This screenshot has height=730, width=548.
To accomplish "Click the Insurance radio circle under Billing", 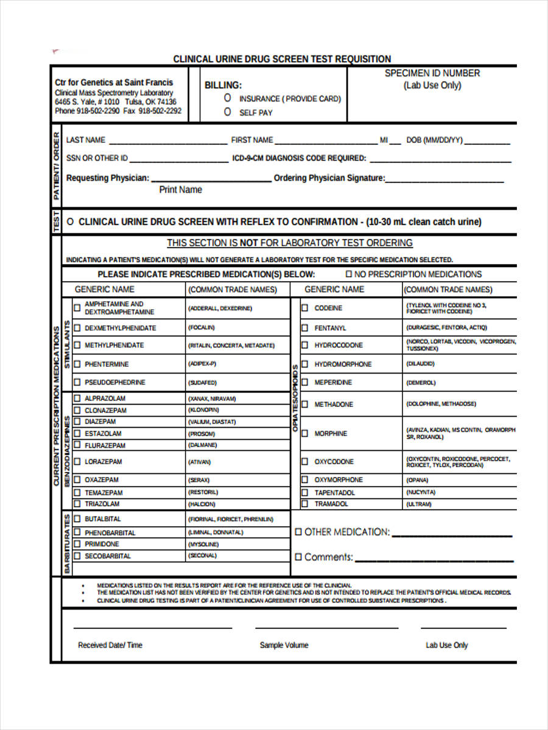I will pyautogui.click(x=228, y=98).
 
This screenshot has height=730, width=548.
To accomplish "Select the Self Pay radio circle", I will pyautogui.click(x=228, y=112).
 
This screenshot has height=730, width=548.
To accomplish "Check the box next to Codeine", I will pyautogui.click(x=304, y=308).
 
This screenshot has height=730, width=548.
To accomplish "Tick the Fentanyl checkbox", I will pyautogui.click(x=304, y=328).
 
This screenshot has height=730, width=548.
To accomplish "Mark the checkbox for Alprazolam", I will pyautogui.click(x=77, y=398).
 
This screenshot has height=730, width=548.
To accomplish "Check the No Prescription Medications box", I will pyautogui.click(x=349, y=274).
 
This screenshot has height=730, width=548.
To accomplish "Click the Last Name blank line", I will pyautogui.click(x=167, y=141).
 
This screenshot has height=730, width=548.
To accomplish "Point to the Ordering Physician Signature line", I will pyautogui.click(x=444, y=179).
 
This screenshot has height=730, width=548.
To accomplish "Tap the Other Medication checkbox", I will pyautogui.click(x=298, y=532).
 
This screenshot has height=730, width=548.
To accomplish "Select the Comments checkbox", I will pyautogui.click(x=298, y=557).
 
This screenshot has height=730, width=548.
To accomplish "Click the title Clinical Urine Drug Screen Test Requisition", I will pyautogui.click(x=282, y=59).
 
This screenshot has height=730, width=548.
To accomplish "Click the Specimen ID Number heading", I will pyautogui.click(x=432, y=73).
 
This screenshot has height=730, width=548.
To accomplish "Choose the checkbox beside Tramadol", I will pyautogui.click(x=304, y=504).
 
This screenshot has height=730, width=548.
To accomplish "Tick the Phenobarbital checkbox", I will pyautogui.click(x=77, y=532).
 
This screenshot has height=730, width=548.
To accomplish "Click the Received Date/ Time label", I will pyautogui.click(x=110, y=645).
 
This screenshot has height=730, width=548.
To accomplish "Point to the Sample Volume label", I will pyautogui.click(x=284, y=645).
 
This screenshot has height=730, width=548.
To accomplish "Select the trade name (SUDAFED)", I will pyautogui.click(x=202, y=383).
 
